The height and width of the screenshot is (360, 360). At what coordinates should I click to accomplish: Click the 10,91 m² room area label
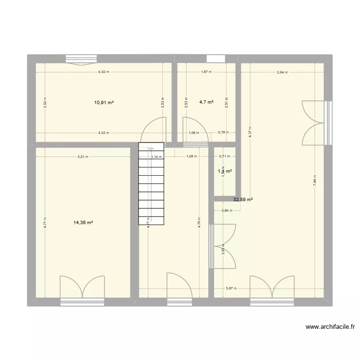click(x=104, y=102)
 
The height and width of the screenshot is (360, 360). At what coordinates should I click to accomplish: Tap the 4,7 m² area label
click(x=206, y=102)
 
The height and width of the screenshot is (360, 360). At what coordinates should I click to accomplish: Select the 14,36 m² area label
click(x=83, y=222)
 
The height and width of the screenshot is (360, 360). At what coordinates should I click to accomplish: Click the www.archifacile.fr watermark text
click(x=330, y=327)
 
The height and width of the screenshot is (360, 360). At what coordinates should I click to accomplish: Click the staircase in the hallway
click(x=151, y=184)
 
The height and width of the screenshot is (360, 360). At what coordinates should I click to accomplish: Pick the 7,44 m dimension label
click(x=314, y=180)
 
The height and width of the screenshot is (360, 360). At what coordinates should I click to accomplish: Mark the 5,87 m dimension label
click(x=232, y=288)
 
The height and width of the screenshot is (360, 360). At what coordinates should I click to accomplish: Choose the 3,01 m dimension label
click(x=83, y=156)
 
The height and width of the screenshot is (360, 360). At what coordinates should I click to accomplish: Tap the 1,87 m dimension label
click(x=206, y=72)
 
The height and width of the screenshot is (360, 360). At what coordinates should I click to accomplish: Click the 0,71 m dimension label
click(x=224, y=156)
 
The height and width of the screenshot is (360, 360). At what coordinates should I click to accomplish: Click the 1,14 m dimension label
click(x=156, y=156)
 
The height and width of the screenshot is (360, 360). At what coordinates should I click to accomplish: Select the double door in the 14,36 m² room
click(x=82, y=287)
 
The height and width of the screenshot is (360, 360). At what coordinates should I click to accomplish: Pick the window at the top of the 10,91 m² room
click(x=82, y=59)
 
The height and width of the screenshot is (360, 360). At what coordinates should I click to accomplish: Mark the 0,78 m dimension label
click(x=223, y=133)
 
